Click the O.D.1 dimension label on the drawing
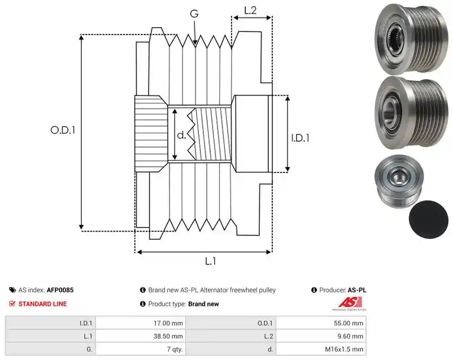pos(63,130)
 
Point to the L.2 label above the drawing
pos(250,10)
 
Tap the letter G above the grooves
pos(194,14)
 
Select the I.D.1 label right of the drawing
pos(301,138)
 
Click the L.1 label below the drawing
pos(210,261)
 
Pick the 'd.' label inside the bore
pos(181,135)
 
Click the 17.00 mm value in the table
pos(168,323)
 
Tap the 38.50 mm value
pos(168,336)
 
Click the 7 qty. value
pos(175,349)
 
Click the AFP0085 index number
pos(60,290)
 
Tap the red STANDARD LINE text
pos(43,304)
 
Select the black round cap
pos(429,220)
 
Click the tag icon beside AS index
pos(12,290)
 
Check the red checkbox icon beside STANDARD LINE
pos(12,303)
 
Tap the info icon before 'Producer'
pos(314,290)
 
